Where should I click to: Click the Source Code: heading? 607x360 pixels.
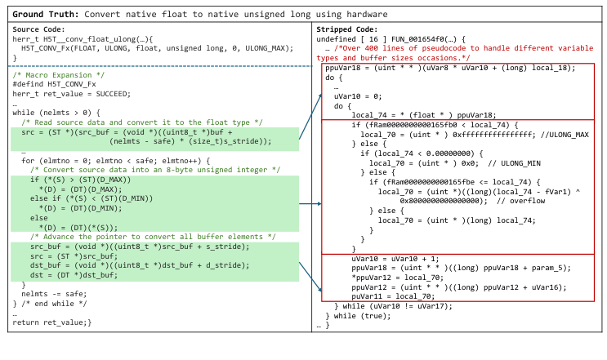[x=39, y=29]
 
